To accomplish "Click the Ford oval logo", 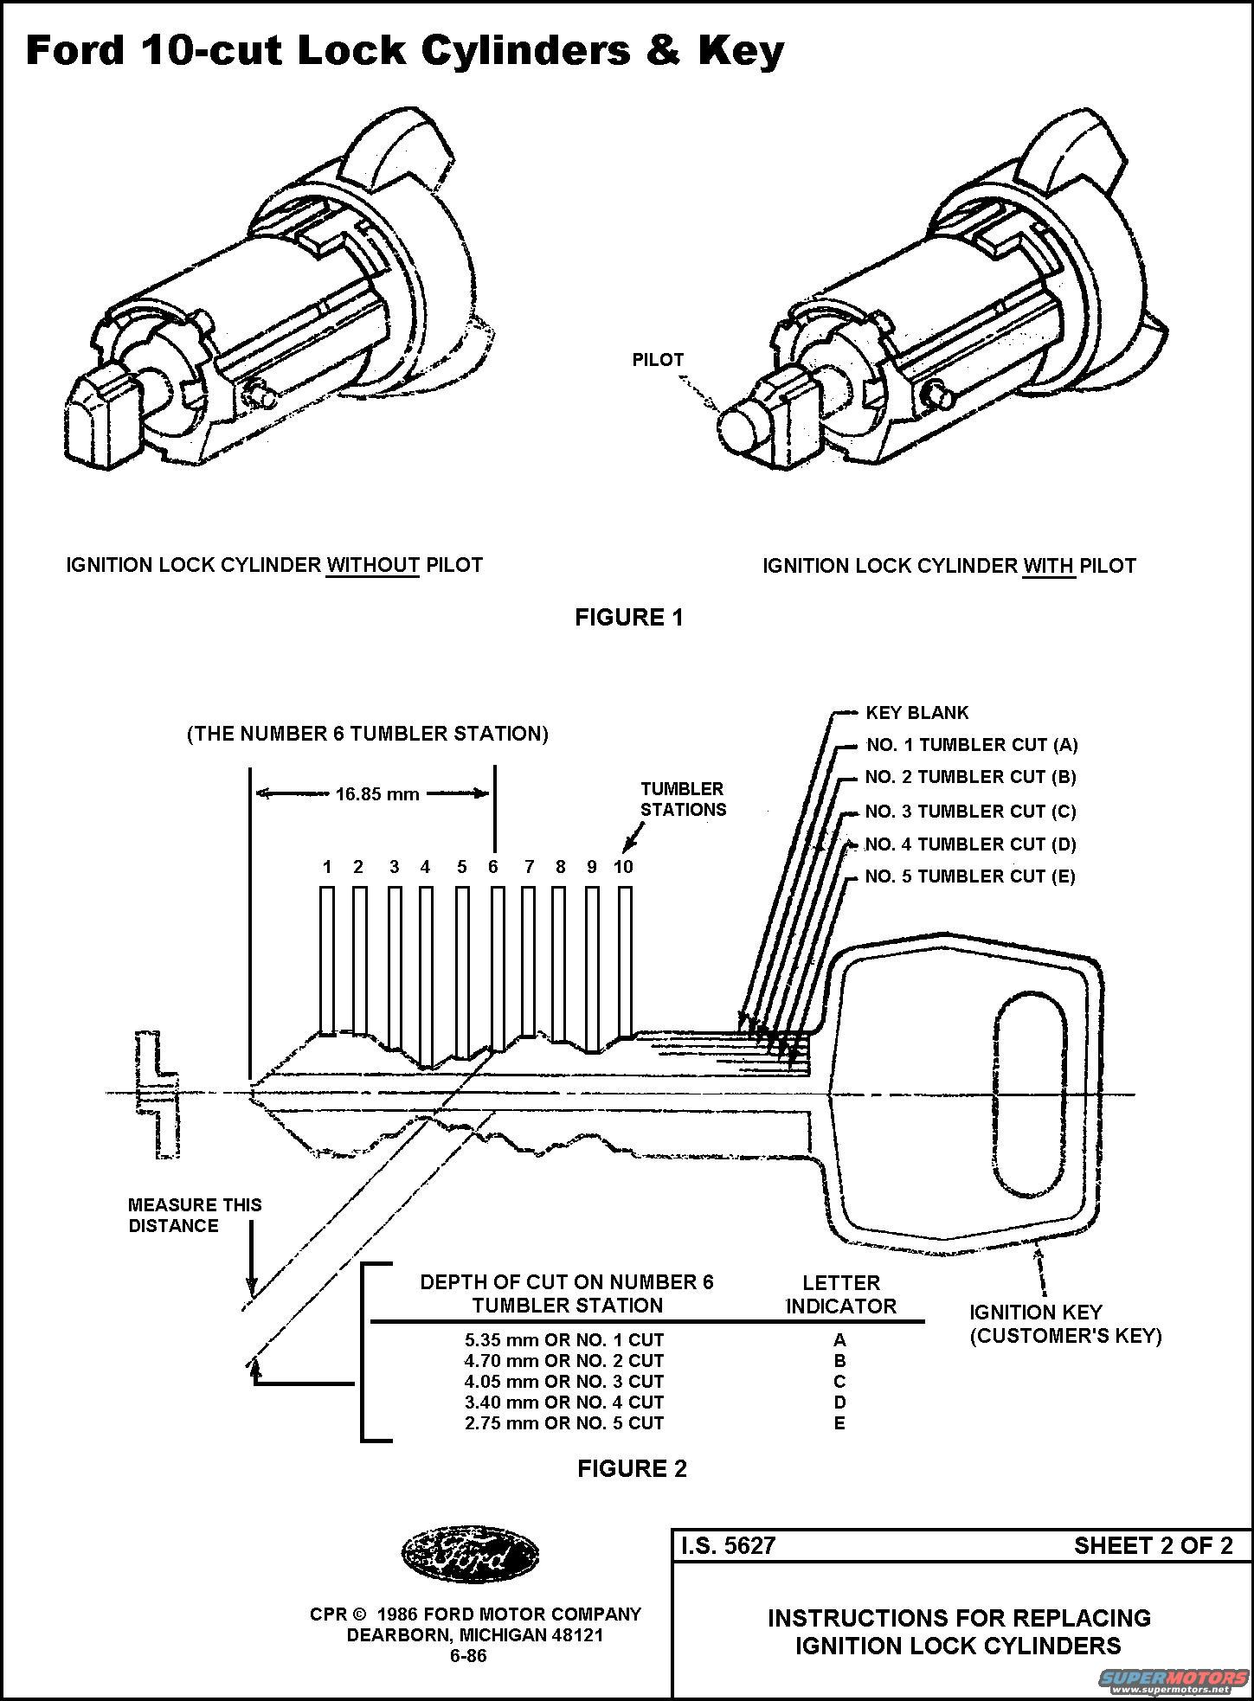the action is click(x=469, y=1555).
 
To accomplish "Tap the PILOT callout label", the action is click(x=658, y=360).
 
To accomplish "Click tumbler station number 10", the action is click(x=623, y=867).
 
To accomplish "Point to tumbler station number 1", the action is click(x=327, y=867).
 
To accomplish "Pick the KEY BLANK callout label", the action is click(x=917, y=713).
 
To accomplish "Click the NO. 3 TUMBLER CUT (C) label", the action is click(x=970, y=812).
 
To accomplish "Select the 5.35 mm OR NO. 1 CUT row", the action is click(x=564, y=1340).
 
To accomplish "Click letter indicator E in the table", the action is click(x=839, y=1423).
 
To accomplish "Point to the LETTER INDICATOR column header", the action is click(x=841, y=1294).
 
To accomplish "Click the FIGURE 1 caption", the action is click(x=629, y=618).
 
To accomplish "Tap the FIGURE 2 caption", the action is click(x=632, y=1469).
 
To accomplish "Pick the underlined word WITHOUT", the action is click(x=373, y=566).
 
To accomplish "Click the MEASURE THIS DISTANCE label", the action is click(x=195, y=1215).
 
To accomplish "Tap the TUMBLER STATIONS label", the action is click(x=684, y=799).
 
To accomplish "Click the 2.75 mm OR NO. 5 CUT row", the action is click(x=564, y=1423).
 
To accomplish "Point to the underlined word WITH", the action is click(x=1049, y=567).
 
